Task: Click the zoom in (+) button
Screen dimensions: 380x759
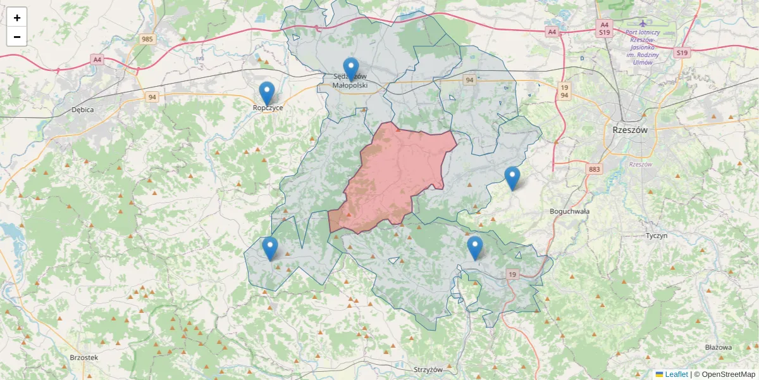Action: [17, 18]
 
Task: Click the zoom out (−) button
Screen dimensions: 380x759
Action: [17, 37]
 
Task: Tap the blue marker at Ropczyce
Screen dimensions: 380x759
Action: [268, 94]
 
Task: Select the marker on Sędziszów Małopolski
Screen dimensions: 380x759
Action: [350, 69]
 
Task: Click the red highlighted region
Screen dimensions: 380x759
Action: [395, 174]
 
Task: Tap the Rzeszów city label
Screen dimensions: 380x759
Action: [631, 129]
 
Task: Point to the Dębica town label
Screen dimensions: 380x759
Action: [83, 110]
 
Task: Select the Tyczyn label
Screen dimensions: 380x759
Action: [657, 236]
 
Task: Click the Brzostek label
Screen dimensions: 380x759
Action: [84, 357]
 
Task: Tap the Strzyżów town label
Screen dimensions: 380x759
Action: [429, 369]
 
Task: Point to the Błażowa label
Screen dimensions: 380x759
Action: [718, 347]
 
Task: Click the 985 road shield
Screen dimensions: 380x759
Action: [147, 40]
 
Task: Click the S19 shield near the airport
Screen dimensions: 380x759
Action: [681, 53]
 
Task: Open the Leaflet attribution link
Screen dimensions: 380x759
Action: [676, 374]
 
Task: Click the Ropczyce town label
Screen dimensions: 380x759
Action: [268, 108]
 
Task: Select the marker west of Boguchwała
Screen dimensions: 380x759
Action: [512, 179]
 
